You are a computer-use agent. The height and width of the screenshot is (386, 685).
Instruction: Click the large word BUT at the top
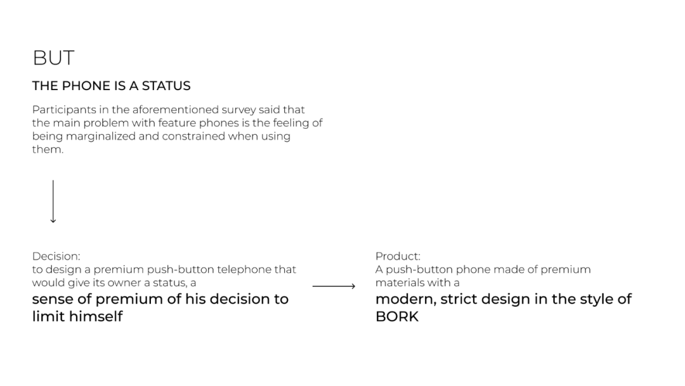(x=53, y=58)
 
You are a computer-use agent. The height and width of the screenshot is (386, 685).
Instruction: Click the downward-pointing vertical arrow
(x=53, y=201)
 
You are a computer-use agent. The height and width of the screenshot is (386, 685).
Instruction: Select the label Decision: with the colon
(x=56, y=256)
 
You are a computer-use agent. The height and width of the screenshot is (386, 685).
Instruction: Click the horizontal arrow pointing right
(x=334, y=286)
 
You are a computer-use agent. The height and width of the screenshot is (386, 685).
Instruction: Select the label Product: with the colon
(x=398, y=256)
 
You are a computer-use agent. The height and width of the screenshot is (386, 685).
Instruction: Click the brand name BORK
(x=397, y=316)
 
